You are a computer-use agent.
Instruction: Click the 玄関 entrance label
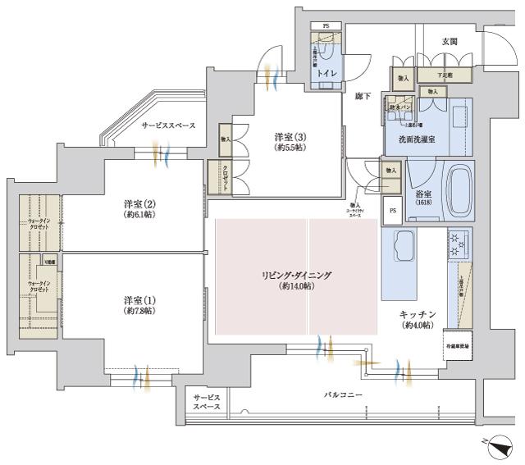[450, 42]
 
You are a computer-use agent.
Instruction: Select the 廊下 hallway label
[362, 97]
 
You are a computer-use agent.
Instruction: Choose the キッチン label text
[417, 315]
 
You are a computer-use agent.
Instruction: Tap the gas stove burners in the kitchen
[458, 242]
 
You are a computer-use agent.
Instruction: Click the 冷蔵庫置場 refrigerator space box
[457, 346]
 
